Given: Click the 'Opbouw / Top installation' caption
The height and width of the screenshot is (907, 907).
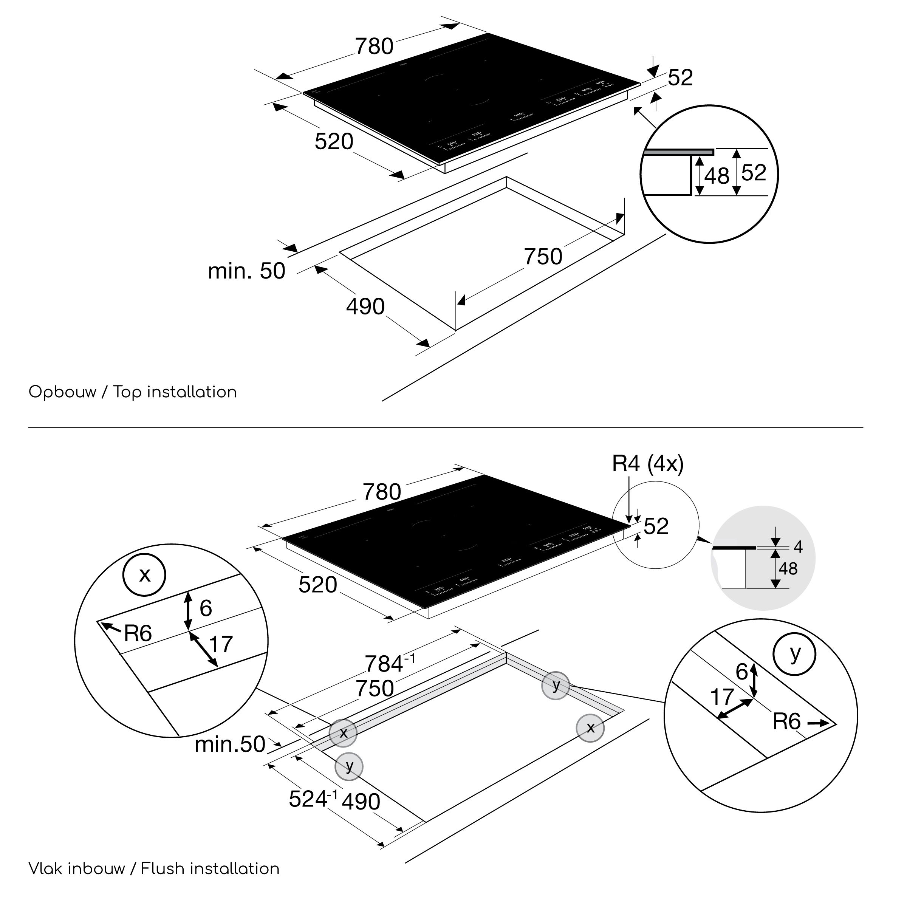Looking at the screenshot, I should tap(133, 392).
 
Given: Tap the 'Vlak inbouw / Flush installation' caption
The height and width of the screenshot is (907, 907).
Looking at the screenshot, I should tap(154, 868).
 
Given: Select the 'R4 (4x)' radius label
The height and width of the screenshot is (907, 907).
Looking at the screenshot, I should tap(647, 464).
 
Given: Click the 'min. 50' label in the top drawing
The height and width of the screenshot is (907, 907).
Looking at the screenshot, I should tap(246, 271).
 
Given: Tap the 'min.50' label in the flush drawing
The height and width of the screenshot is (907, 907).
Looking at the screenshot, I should tap(230, 744).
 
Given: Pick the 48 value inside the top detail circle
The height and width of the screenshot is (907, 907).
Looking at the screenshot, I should tap(717, 176).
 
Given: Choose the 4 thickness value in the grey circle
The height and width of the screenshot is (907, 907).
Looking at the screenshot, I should tap(798, 546).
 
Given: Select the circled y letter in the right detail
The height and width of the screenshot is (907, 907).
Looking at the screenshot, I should tap(794, 653).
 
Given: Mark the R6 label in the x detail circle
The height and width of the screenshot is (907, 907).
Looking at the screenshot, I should tap(138, 634).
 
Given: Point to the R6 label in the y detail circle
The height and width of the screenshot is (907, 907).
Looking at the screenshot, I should tap(786, 721).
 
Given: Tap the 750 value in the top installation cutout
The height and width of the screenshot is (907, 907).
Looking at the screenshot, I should tap(543, 256).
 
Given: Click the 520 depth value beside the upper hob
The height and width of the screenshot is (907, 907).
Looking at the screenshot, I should tap(334, 141).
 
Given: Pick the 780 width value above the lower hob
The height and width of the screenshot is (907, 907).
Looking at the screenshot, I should tap(382, 492).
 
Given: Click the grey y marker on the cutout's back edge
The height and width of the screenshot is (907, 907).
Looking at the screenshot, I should tap(556, 686).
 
